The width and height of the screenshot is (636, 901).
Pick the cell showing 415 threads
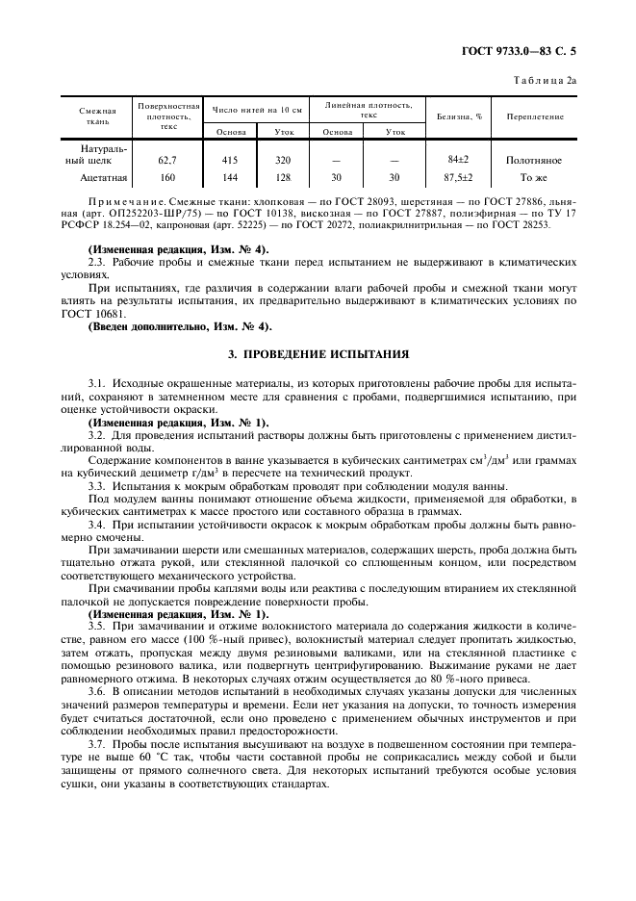(230, 161)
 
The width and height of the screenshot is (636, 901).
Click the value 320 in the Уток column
(283, 161)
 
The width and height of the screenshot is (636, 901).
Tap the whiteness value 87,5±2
(458, 177)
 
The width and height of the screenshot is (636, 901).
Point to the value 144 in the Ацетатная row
(230, 177)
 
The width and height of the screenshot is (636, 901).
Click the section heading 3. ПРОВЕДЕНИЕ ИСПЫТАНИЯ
(318, 353)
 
